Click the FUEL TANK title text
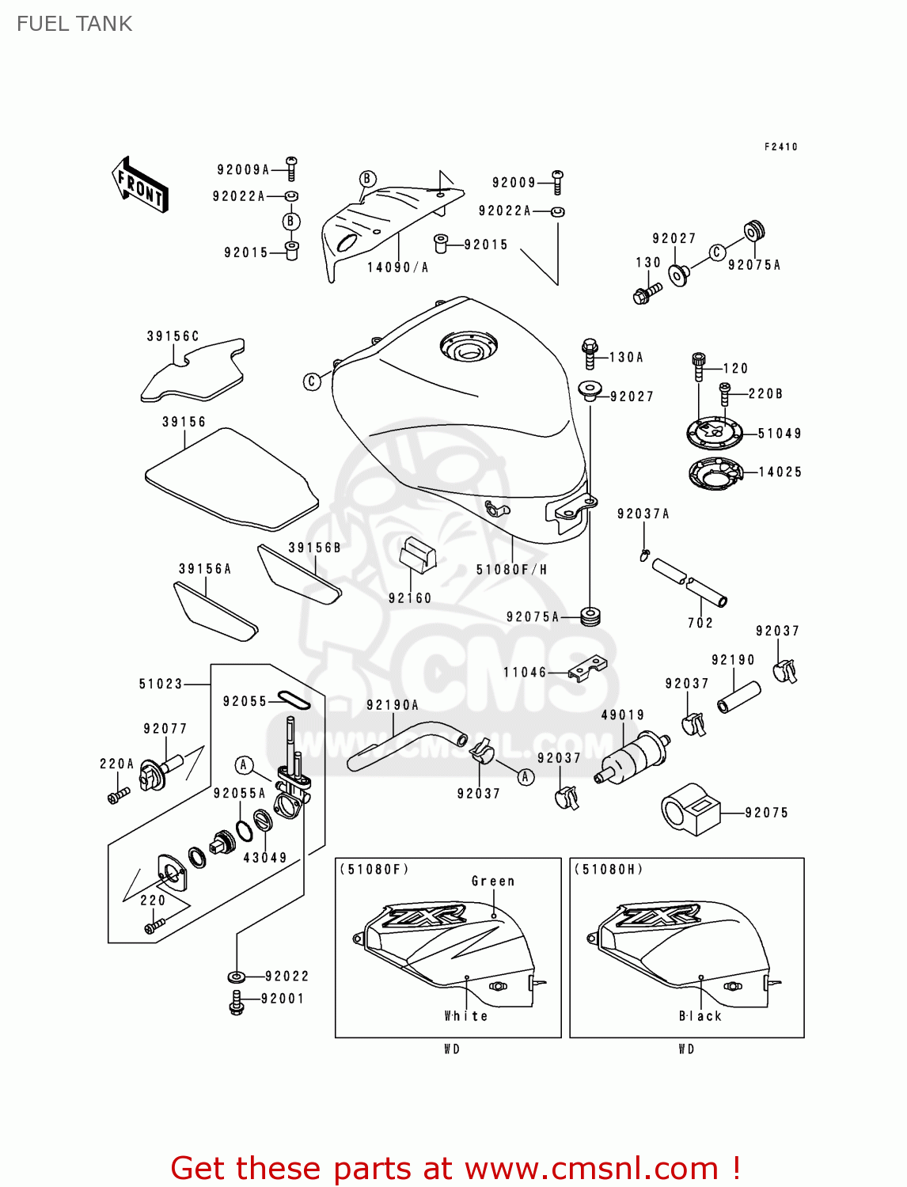pyautogui.click(x=74, y=24)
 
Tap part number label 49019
pyautogui.click(x=623, y=715)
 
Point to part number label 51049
pyautogui.click(x=780, y=434)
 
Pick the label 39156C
pyautogui.click(x=173, y=336)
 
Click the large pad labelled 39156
pyautogui.click(x=231, y=480)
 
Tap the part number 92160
pyautogui.click(x=410, y=598)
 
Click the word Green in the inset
pyautogui.click(x=492, y=881)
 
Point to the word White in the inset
pyautogui.click(x=465, y=1016)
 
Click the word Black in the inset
pyautogui.click(x=700, y=1016)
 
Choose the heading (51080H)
pyautogui.click(x=609, y=869)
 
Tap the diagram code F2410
pyautogui.click(x=781, y=146)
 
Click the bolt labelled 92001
pyautogui.click(x=236, y=1002)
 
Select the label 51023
pyautogui.click(x=161, y=684)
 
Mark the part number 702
pyautogui.click(x=700, y=623)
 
